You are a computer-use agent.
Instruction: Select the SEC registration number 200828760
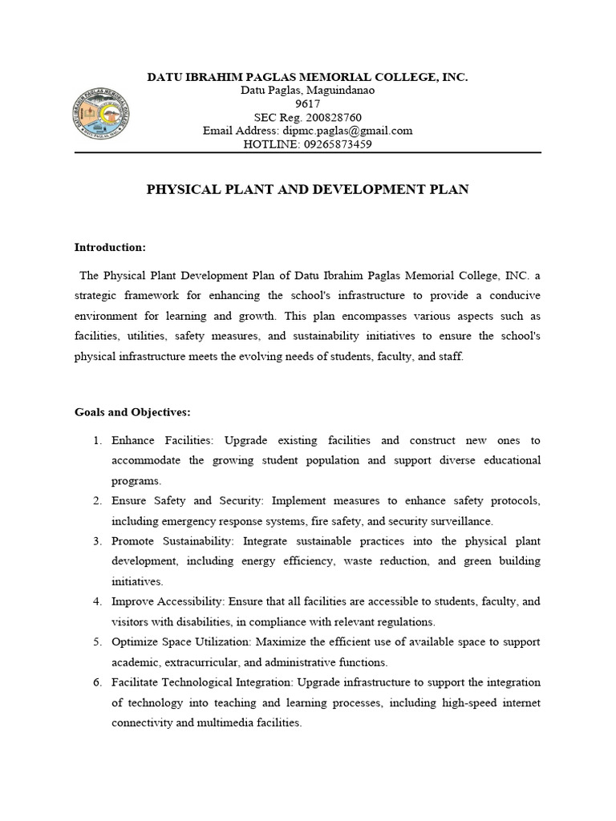click(x=330, y=117)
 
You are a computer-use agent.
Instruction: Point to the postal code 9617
click(x=308, y=104)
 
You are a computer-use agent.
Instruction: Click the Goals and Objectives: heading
click(x=132, y=412)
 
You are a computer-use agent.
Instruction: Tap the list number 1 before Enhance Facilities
click(x=96, y=441)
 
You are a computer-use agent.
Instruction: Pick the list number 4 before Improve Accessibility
click(x=96, y=601)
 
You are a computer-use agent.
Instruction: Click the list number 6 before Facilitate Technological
click(x=96, y=682)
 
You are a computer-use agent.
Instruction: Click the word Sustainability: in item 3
click(x=192, y=541)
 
